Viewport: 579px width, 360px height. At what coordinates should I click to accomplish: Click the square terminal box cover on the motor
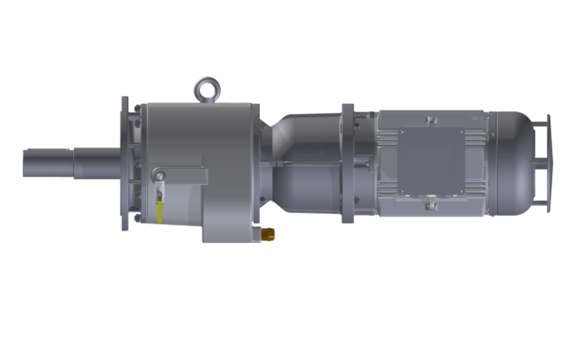coord(431,162)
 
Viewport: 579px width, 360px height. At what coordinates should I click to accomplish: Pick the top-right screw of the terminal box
coord(461,133)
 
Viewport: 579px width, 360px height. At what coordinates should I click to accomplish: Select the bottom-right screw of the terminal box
coord(461,192)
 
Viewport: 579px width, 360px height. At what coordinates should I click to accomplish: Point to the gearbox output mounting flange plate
coord(125,164)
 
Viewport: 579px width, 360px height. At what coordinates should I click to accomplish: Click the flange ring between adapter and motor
coord(348,164)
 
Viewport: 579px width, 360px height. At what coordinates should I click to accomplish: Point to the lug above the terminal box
coord(431,121)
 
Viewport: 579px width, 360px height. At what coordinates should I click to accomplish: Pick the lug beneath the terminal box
coord(431,205)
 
